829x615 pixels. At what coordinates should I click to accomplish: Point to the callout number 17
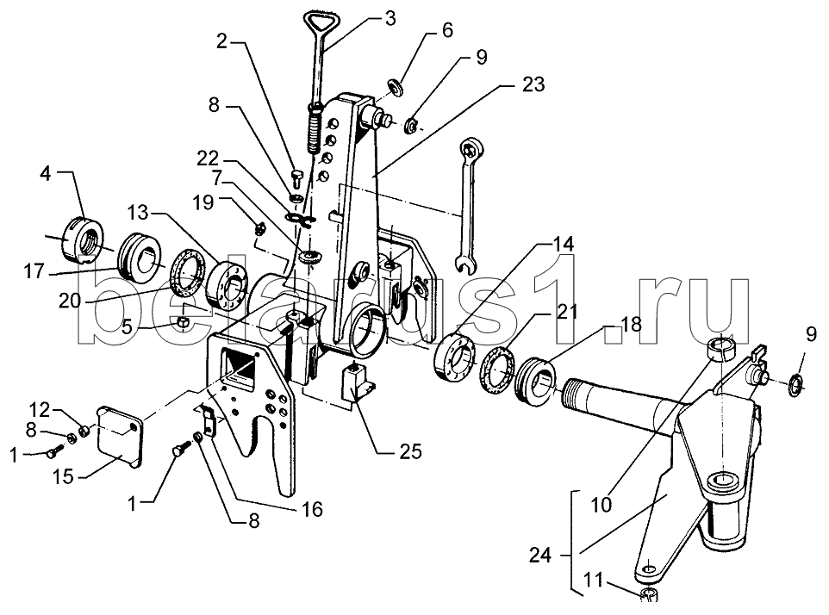[x=34, y=273]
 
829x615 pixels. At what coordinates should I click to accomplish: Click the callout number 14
[x=563, y=244]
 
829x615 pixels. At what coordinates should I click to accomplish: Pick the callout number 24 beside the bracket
[x=539, y=556]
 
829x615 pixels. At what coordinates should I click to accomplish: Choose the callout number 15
[x=63, y=476]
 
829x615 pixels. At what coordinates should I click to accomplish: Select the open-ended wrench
[x=466, y=206]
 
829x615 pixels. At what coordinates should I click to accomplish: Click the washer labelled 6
[x=396, y=87]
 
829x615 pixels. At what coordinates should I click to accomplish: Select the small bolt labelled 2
[x=296, y=178]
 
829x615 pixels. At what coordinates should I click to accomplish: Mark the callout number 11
[x=593, y=580]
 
